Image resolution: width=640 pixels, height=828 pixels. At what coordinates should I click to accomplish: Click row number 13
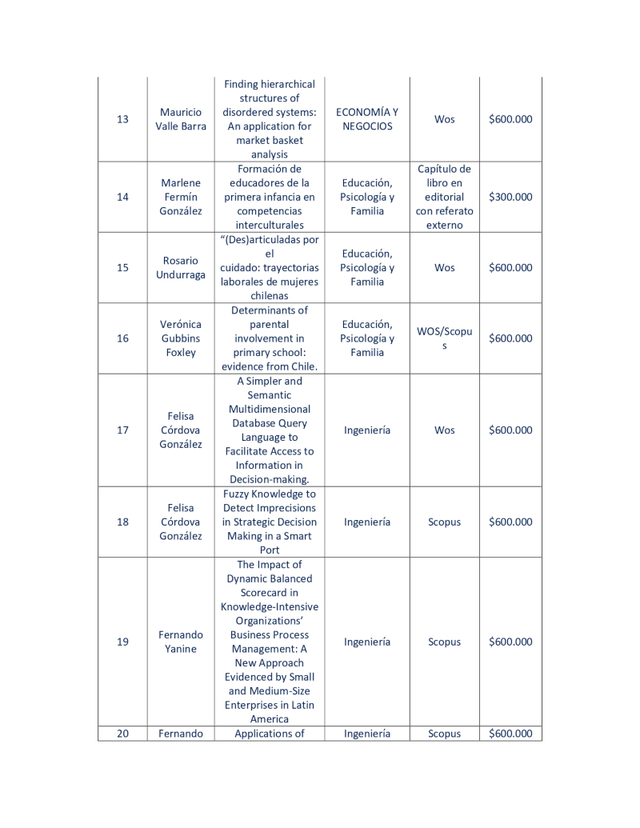(x=122, y=119)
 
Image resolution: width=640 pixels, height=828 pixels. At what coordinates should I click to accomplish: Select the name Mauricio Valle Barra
(x=181, y=119)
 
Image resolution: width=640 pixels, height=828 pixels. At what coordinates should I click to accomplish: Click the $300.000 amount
(x=510, y=197)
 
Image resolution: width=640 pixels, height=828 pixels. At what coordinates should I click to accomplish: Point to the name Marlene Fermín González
(x=181, y=197)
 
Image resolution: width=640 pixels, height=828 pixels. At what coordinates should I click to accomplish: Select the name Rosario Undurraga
(x=181, y=268)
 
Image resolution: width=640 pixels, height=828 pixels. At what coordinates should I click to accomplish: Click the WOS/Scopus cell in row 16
(x=444, y=338)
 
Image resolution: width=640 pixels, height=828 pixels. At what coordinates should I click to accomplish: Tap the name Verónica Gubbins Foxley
(x=181, y=338)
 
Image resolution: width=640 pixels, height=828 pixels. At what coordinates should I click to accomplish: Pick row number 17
(x=122, y=430)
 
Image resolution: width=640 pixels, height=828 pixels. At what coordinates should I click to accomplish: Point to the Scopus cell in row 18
(x=444, y=522)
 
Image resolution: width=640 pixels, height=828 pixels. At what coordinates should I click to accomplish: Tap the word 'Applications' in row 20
(x=270, y=734)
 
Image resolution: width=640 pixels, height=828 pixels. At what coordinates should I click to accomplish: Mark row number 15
(x=122, y=268)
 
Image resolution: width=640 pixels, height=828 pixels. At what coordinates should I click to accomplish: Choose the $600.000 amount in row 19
(x=510, y=642)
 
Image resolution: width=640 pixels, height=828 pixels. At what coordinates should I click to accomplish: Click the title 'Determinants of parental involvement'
(x=270, y=338)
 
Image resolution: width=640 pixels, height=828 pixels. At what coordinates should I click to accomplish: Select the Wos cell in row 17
(x=444, y=430)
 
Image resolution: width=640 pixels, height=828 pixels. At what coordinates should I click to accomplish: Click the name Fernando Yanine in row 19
(x=181, y=642)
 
